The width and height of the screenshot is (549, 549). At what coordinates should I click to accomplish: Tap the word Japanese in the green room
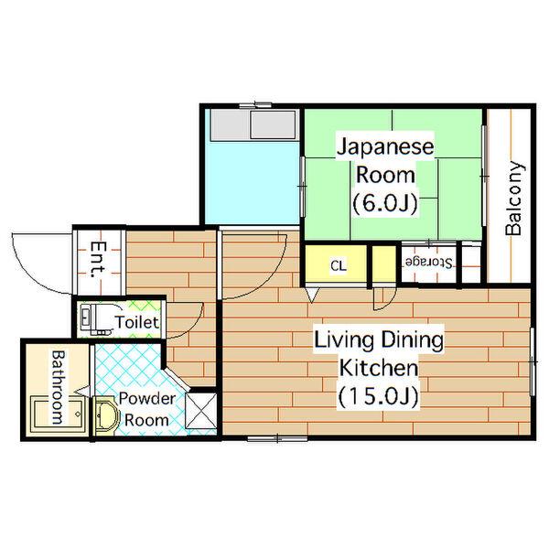(385, 146)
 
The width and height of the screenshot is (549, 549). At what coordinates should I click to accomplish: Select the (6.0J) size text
(385, 203)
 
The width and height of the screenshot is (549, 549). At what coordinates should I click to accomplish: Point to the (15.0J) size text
(379, 397)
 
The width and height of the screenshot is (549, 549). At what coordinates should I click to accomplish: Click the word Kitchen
(379, 368)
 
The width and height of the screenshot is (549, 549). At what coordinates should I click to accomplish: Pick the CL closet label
(339, 265)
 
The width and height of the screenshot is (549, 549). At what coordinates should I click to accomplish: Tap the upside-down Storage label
(429, 263)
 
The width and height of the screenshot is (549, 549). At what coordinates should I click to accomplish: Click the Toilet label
(137, 322)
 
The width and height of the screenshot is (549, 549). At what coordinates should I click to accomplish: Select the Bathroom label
(59, 387)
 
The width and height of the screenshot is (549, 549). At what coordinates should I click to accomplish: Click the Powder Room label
(147, 409)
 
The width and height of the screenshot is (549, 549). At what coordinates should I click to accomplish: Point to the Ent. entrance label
(98, 260)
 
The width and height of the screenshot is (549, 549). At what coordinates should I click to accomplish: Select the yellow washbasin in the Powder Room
(105, 415)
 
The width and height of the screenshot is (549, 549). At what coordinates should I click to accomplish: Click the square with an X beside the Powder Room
(201, 411)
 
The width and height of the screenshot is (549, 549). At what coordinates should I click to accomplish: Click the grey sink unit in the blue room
(253, 125)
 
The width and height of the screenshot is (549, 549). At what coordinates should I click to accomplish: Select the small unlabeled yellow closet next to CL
(383, 264)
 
